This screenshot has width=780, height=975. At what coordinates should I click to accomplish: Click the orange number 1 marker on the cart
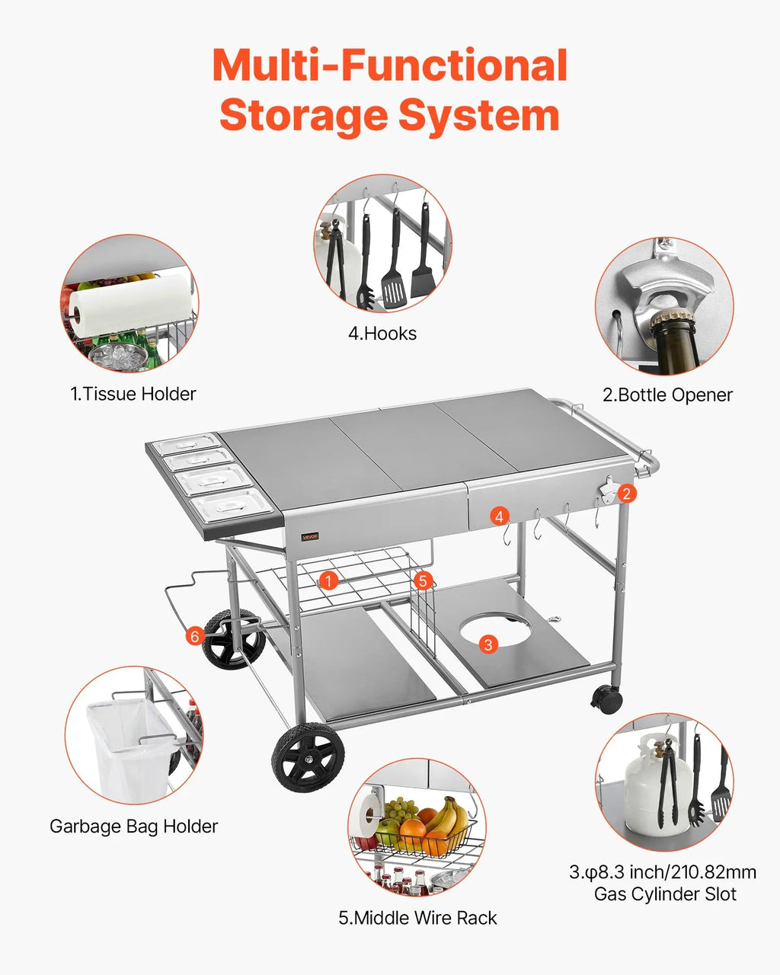tap(328, 581)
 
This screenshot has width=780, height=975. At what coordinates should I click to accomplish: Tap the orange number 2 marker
tap(626, 493)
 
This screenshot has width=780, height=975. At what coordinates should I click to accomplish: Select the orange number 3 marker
tap(488, 644)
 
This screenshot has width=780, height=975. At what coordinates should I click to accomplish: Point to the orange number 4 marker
tap(499, 516)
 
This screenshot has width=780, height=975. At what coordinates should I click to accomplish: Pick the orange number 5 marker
tap(424, 580)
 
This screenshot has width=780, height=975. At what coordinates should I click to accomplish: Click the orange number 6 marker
tap(195, 635)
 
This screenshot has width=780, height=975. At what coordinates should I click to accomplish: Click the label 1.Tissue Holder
tap(133, 394)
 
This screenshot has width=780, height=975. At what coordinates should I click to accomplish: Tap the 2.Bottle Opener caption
tap(667, 395)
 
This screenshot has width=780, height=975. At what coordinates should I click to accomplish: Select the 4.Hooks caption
tap(382, 333)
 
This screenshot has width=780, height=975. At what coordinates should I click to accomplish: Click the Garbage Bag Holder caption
tap(133, 826)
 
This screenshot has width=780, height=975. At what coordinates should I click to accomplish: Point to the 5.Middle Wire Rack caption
tap(417, 918)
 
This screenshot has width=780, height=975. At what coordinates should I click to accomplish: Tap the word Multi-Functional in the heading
tap(389, 66)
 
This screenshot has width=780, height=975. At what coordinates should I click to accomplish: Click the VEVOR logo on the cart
tap(309, 536)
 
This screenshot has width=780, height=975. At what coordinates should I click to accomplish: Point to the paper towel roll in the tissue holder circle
tap(129, 305)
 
